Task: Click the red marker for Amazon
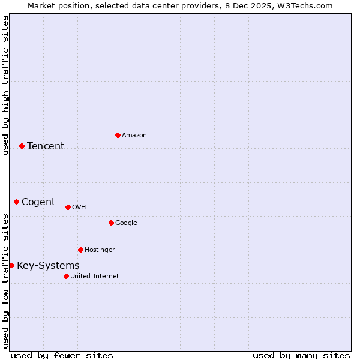point(118,135)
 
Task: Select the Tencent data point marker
point(22,146)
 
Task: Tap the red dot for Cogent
point(16,202)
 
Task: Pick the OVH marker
point(68,207)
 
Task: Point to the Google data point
point(111,223)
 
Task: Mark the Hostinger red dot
point(80,250)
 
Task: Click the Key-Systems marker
point(11,265)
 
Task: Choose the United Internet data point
point(66,276)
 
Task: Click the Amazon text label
point(134,136)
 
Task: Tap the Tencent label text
point(46,146)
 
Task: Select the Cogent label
point(38,202)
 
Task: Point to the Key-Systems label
point(48,266)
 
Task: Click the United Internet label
point(95,277)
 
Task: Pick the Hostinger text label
point(100,250)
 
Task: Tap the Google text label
point(126,223)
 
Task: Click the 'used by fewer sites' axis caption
point(62,356)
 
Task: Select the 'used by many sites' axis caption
point(301,356)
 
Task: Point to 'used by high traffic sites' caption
point(5,85)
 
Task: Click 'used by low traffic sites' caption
point(5,280)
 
